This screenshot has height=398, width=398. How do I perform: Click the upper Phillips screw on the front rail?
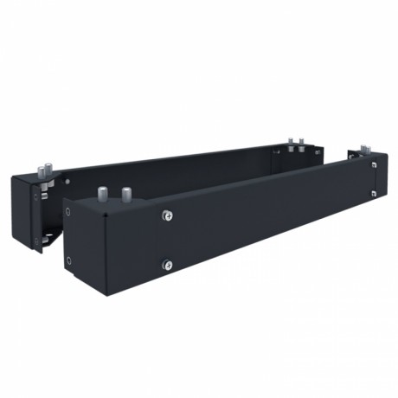pyautogui.click(x=167, y=215)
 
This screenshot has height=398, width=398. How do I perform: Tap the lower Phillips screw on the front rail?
pyautogui.click(x=167, y=265)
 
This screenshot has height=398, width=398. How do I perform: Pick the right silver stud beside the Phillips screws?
pyautogui.click(x=126, y=192)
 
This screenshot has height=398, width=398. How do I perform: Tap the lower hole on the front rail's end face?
pyautogui.click(x=69, y=260)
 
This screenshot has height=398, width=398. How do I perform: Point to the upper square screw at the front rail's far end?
pyautogui.click(x=373, y=164)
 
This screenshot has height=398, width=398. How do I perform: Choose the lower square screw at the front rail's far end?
pyautogui.click(x=373, y=193)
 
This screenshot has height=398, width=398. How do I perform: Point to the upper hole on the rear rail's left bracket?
pyautogui.click(x=35, y=195)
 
